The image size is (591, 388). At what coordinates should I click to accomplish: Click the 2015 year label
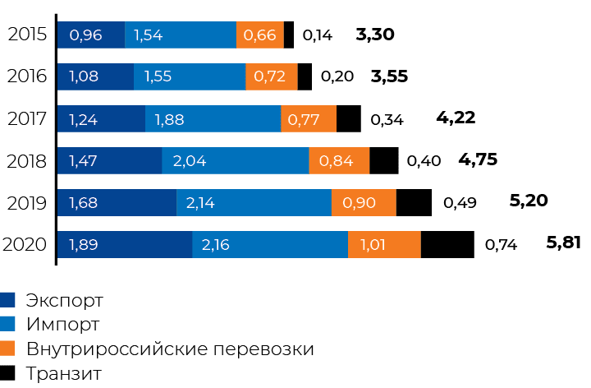26,35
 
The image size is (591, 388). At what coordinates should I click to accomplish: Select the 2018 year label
26,160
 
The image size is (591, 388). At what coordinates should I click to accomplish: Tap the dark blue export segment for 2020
123,244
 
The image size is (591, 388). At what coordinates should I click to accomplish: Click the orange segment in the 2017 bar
309,119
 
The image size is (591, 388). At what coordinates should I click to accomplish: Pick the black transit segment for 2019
414,202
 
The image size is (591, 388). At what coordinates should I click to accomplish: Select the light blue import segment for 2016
189,77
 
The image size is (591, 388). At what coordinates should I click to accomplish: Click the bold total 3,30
376,35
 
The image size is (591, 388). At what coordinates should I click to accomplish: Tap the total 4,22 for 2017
456,118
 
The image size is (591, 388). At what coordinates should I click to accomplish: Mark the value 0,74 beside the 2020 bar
501,244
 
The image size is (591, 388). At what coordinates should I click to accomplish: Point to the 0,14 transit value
317,35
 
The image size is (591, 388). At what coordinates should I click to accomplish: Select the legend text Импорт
63,324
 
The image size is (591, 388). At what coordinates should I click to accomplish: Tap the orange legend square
9,349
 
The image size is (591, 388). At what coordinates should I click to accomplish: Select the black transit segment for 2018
384,160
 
